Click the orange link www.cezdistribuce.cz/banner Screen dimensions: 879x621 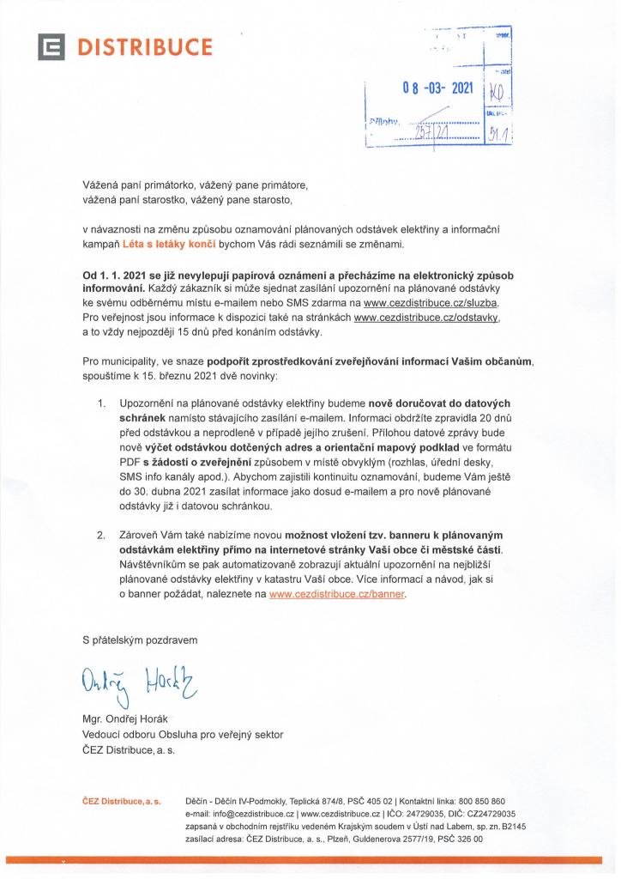tap(338, 593)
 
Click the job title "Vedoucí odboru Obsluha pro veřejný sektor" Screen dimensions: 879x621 tap(183, 734)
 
